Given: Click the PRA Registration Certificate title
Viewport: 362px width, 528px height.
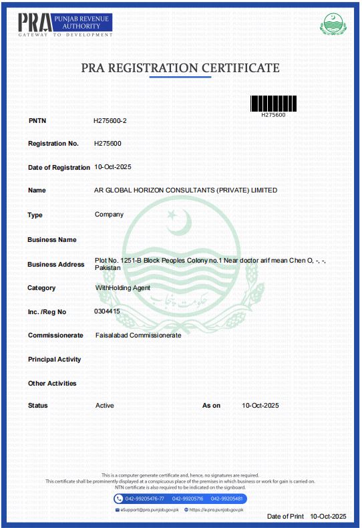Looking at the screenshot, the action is click(180, 68).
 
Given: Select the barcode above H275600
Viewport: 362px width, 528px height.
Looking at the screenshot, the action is click(273, 103).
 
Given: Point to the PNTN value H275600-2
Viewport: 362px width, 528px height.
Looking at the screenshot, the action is click(110, 120).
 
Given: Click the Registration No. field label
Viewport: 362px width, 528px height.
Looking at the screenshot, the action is click(53, 144).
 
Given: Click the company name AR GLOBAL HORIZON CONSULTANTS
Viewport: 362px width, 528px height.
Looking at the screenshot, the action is click(186, 190).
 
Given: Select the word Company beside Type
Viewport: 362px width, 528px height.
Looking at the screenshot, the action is click(109, 215).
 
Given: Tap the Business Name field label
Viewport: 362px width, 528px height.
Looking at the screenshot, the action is click(52, 239).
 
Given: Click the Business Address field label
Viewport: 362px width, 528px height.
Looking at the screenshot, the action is click(56, 264).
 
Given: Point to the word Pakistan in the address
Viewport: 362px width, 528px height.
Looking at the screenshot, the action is click(108, 267).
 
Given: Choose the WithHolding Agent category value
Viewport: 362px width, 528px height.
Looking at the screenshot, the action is click(123, 287).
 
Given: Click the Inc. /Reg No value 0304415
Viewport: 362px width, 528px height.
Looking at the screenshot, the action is click(108, 311).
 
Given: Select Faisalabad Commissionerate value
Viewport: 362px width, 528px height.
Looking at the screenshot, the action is click(138, 335).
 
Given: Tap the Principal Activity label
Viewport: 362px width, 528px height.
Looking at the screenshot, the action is click(54, 360).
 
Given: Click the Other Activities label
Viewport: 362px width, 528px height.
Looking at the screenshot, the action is click(52, 384).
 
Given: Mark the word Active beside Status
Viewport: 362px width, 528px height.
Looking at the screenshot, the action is click(105, 406).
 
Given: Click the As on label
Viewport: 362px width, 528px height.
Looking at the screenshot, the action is click(211, 406).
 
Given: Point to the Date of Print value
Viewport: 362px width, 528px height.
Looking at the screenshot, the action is click(329, 517).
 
